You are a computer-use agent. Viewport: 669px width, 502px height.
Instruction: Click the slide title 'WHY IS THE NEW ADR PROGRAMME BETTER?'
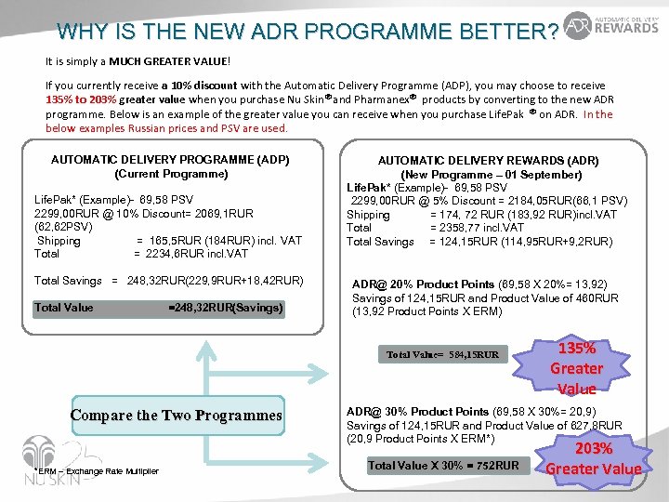point(308,32)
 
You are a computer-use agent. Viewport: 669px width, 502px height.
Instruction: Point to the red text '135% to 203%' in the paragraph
point(84,99)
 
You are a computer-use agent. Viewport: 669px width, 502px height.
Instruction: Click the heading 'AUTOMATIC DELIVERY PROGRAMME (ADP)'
point(170,160)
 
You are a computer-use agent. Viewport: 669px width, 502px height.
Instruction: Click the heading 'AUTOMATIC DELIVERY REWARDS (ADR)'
point(488,161)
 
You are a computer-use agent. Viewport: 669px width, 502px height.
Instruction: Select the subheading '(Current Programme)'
point(170,174)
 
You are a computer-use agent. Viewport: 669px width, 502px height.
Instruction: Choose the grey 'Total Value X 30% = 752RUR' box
point(443,465)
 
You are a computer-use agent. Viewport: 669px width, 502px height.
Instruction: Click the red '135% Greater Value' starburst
point(576,368)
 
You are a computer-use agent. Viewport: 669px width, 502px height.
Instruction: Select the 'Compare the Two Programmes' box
point(176,416)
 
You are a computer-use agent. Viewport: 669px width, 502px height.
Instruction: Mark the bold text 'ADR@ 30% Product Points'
point(417,412)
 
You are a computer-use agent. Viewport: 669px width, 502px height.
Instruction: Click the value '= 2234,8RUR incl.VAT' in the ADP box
point(190,254)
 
